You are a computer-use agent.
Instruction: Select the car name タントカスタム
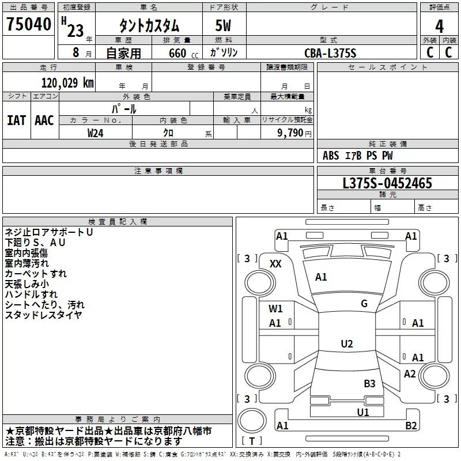[x=149, y=26]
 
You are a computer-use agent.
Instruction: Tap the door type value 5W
[x=224, y=26]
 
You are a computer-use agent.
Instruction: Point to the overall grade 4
[x=440, y=26]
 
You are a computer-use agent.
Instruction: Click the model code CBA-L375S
[x=331, y=53]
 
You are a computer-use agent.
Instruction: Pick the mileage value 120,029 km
[x=67, y=83]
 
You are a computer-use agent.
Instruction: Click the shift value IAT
[x=16, y=120]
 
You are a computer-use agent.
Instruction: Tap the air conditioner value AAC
[x=44, y=120]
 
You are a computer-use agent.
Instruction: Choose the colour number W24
[x=96, y=133]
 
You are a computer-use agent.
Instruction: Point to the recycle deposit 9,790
[x=291, y=133]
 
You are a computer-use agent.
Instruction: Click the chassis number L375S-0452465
[x=387, y=183]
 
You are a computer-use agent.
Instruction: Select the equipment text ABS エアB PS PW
[x=358, y=156]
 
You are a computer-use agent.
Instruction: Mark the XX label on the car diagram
[x=276, y=263]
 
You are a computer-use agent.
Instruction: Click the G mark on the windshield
[x=364, y=303]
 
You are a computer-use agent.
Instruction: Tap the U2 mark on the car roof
[x=347, y=344]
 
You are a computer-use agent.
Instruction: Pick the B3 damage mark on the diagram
[x=369, y=383]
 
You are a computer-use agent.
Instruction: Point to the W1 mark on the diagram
[x=275, y=308]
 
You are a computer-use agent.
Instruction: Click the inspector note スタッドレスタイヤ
[x=44, y=315]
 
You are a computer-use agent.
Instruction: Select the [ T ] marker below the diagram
[x=252, y=441]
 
